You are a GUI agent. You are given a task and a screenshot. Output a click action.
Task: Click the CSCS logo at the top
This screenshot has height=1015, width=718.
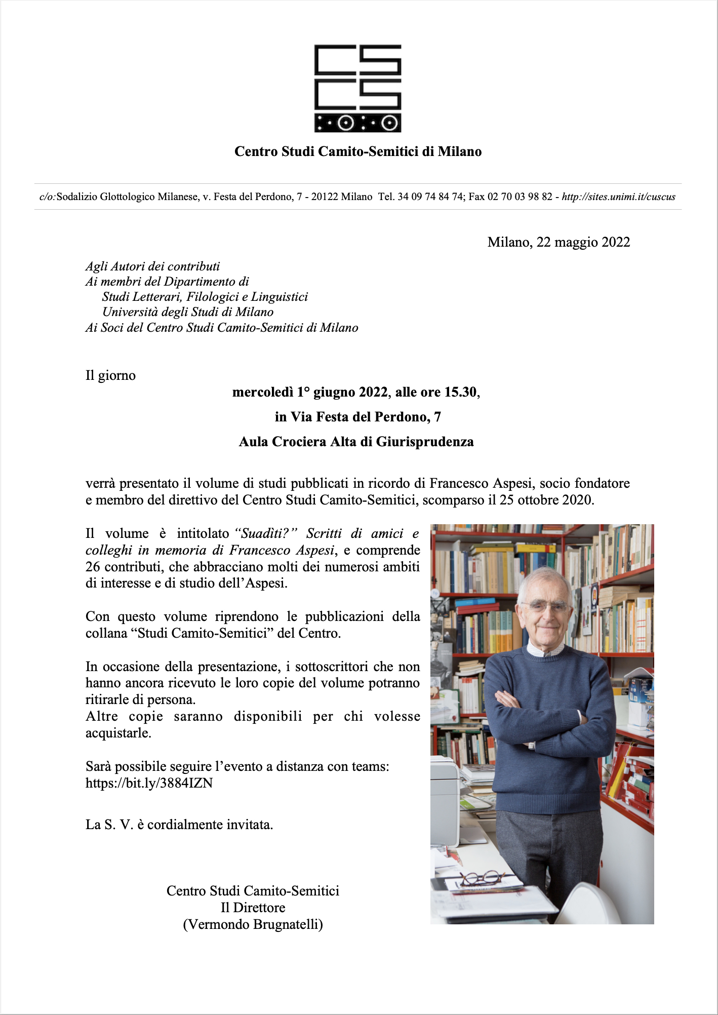point(358,88)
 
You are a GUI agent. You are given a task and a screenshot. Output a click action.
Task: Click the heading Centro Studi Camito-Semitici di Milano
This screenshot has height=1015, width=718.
point(358,151)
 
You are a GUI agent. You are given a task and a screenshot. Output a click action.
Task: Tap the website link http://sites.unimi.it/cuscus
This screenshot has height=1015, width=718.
point(618,197)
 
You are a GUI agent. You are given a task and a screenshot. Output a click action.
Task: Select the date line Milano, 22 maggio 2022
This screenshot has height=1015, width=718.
point(559,242)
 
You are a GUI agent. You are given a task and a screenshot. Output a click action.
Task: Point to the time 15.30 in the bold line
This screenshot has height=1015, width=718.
point(460,393)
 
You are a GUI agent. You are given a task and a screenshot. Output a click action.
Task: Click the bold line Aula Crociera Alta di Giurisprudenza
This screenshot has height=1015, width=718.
point(356,442)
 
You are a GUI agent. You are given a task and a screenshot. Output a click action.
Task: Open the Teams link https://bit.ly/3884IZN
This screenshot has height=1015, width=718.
point(149,783)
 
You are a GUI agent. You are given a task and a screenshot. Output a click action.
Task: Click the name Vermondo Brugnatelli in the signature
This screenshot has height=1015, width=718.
point(253,924)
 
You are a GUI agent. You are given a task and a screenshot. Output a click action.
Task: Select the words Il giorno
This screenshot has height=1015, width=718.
point(110,376)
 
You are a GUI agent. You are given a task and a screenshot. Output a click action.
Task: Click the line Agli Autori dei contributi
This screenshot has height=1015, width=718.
point(152,266)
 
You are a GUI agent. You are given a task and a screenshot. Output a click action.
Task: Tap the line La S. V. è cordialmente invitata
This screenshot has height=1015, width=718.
point(179,825)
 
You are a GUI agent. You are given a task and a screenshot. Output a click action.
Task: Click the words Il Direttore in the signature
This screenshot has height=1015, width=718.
point(253,908)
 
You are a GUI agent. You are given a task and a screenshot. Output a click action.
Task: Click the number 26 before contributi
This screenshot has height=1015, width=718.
point(93,567)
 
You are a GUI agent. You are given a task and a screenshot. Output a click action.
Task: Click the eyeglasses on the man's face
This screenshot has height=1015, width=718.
point(545,605)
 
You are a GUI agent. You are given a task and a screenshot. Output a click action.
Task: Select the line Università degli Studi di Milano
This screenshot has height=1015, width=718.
point(188,312)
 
